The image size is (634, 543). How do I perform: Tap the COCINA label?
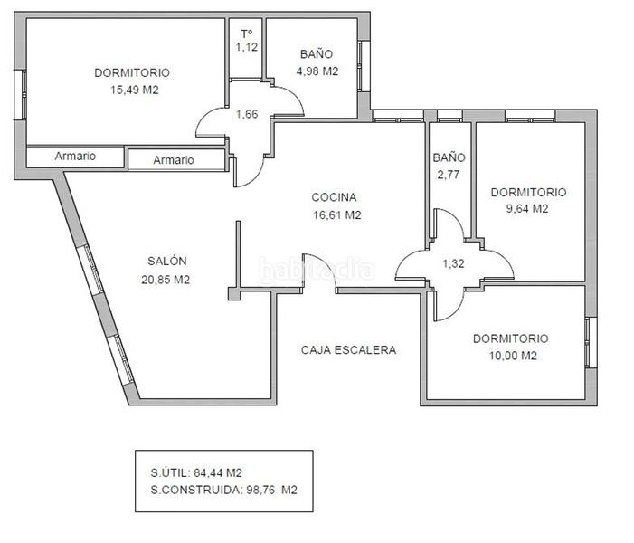(x=335, y=197)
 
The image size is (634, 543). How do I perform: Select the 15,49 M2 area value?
(x=134, y=90)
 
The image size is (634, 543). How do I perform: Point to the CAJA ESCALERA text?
(x=348, y=349)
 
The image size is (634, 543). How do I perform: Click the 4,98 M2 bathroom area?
(x=318, y=71)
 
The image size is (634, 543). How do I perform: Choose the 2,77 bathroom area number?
(x=449, y=175)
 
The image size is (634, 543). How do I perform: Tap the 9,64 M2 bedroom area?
(x=528, y=209)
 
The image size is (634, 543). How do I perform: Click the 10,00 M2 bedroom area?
(x=510, y=356)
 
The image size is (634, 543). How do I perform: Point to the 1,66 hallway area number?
(x=248, y=114)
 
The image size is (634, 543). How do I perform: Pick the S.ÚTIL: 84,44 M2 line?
(x=196, y=472)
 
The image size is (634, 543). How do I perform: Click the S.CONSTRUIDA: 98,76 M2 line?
(x=224, y=490)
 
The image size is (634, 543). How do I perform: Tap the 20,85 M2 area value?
(x=166, y=280)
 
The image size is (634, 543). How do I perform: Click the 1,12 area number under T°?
(x=247, y=47)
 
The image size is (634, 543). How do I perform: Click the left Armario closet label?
(x=75, y=156)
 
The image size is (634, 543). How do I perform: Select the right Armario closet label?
(x=173, y=160)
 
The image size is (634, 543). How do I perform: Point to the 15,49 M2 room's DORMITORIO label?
(x=132, y=72)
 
